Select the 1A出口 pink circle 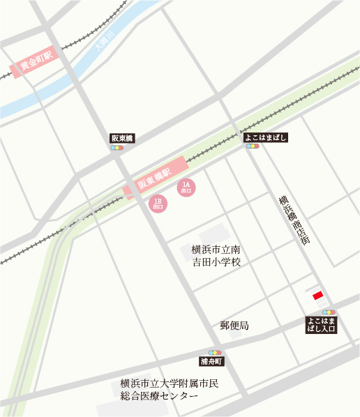pyautogui.click(x=186, y=187)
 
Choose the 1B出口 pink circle pyautogui.click(x=158, y=203)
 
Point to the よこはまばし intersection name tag pyautogui.click(x=266, y=138)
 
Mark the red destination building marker pyautogui.click(x=317, y=296)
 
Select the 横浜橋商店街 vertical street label pyautogui.click(x=293, y=219)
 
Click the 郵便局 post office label pyautogui.click(x=234, y=326)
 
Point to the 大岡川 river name pyautogui.click(x=105, y=43)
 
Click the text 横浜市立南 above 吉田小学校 pyautogui.click(x=216, y=249)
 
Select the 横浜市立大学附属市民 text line pyautogui.click(x=170, y=383)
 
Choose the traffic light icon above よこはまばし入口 pyautogui.click(x=329, y=312)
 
